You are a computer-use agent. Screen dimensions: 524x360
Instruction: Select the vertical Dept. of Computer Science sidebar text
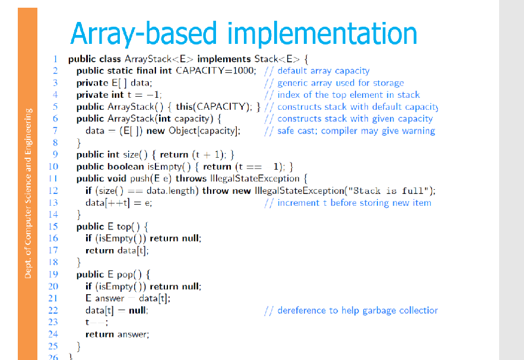pyautogui.click(x=28, y=192)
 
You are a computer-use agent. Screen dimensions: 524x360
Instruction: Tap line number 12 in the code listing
pyautogui.click(x=52, y=190)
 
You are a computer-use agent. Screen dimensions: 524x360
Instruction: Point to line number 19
pyautogui.click(x=52, y=274)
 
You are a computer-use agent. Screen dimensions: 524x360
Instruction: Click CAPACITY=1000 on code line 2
pyautogui.click(x=216, y=71)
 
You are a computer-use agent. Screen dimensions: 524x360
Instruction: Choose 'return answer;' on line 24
pyautogui.click(x=117, y=334)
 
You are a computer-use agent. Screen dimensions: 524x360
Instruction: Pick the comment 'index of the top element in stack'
pyautogui.click(x=348, y=95)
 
